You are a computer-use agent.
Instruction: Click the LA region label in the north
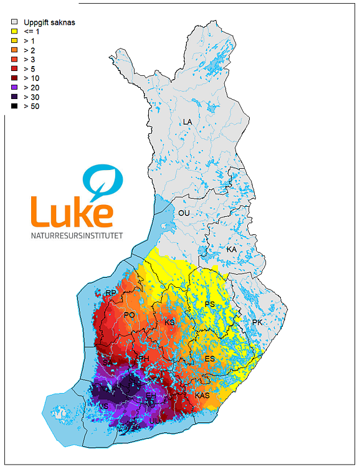(187, 121)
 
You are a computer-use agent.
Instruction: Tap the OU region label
(184, 213)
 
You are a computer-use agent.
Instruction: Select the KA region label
(232, 249)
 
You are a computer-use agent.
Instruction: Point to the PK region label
(258, 322)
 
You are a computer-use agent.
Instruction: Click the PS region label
(210, 304)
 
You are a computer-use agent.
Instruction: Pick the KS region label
(169, 323)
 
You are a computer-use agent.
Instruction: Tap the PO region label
(130, 315)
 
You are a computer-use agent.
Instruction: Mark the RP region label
(111, 293)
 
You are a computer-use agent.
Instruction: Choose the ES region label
(210, 359)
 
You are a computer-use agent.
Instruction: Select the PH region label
(144, 359)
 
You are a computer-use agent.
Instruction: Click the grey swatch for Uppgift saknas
(14, 22)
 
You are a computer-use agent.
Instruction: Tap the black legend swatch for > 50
(14, 107)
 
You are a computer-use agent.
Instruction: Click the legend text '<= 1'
(32, 31)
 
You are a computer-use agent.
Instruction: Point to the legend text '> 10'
(32, 78)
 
